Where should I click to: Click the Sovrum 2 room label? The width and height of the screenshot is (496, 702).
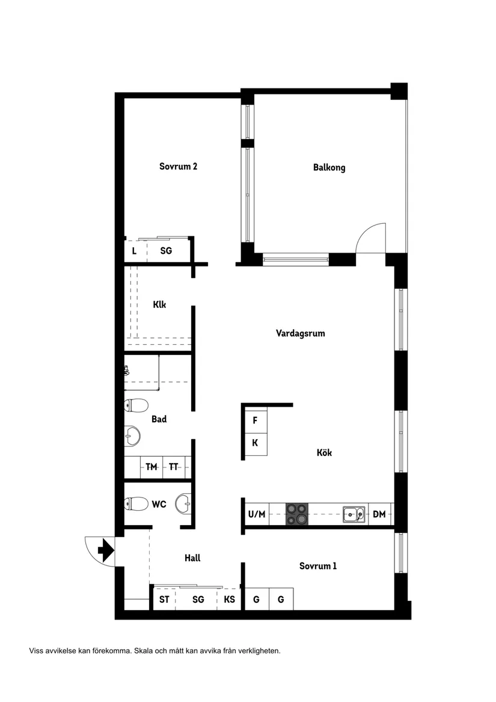coord(178,167)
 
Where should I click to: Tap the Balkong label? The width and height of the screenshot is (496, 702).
coord(329,168)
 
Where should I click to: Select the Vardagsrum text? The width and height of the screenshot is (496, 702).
coord(300,333)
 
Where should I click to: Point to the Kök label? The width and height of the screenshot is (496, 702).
coord(324,453)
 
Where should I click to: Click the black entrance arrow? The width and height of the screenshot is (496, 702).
coord(106,550)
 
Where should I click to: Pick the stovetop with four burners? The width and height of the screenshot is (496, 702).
coord(296,514)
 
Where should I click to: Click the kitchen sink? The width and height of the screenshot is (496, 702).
coord(354,514)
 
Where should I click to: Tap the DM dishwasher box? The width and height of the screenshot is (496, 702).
coord(379,514)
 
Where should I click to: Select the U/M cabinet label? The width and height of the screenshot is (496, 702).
coord(256,514)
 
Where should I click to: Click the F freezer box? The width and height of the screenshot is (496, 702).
coord(255,420)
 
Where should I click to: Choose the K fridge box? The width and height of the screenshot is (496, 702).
coord(255,443)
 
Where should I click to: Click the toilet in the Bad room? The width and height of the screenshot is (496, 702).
coord(136,405)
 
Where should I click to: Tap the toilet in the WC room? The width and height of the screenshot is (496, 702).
coord(136,503)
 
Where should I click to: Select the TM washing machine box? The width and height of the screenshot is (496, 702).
coord(151,466)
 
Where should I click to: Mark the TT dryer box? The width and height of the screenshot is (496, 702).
coord(173,466)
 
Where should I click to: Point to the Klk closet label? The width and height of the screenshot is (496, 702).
coord(159,304)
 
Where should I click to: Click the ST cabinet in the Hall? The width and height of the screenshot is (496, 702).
coord(164,600)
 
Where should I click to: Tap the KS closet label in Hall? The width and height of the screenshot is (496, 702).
coord(229,600)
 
